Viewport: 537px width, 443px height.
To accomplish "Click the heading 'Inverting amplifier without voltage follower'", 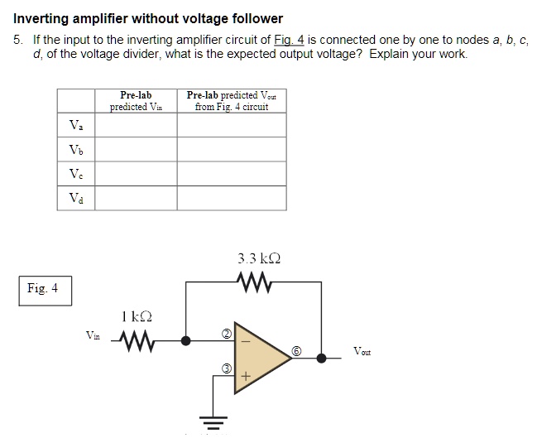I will click(x=148, y=18).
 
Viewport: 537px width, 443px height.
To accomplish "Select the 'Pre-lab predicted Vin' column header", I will click(x=135, y=101).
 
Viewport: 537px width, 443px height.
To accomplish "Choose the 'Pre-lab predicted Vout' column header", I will click(x=232, y=101).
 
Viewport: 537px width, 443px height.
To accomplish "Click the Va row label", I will click(x=75, y=125).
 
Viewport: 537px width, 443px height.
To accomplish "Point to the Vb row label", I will click(x=75, y=150).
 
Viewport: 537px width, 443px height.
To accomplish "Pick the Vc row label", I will click(x=75, y=174).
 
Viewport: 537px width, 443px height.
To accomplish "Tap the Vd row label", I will click(x=75, y=198).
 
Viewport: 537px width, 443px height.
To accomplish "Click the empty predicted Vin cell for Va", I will click(x=135, y=125).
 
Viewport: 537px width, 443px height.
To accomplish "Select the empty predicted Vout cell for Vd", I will click(x=232, y=198).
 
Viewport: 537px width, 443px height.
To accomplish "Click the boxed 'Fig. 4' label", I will click(x=42, y=289).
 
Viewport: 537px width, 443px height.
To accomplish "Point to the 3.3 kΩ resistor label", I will click(x=258, y=258).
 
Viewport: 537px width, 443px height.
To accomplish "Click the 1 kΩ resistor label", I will click(x=136, y=315).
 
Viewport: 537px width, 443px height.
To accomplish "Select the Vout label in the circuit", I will click(x=362, y=351).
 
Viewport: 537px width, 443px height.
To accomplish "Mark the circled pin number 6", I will click(x=295, y=350).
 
